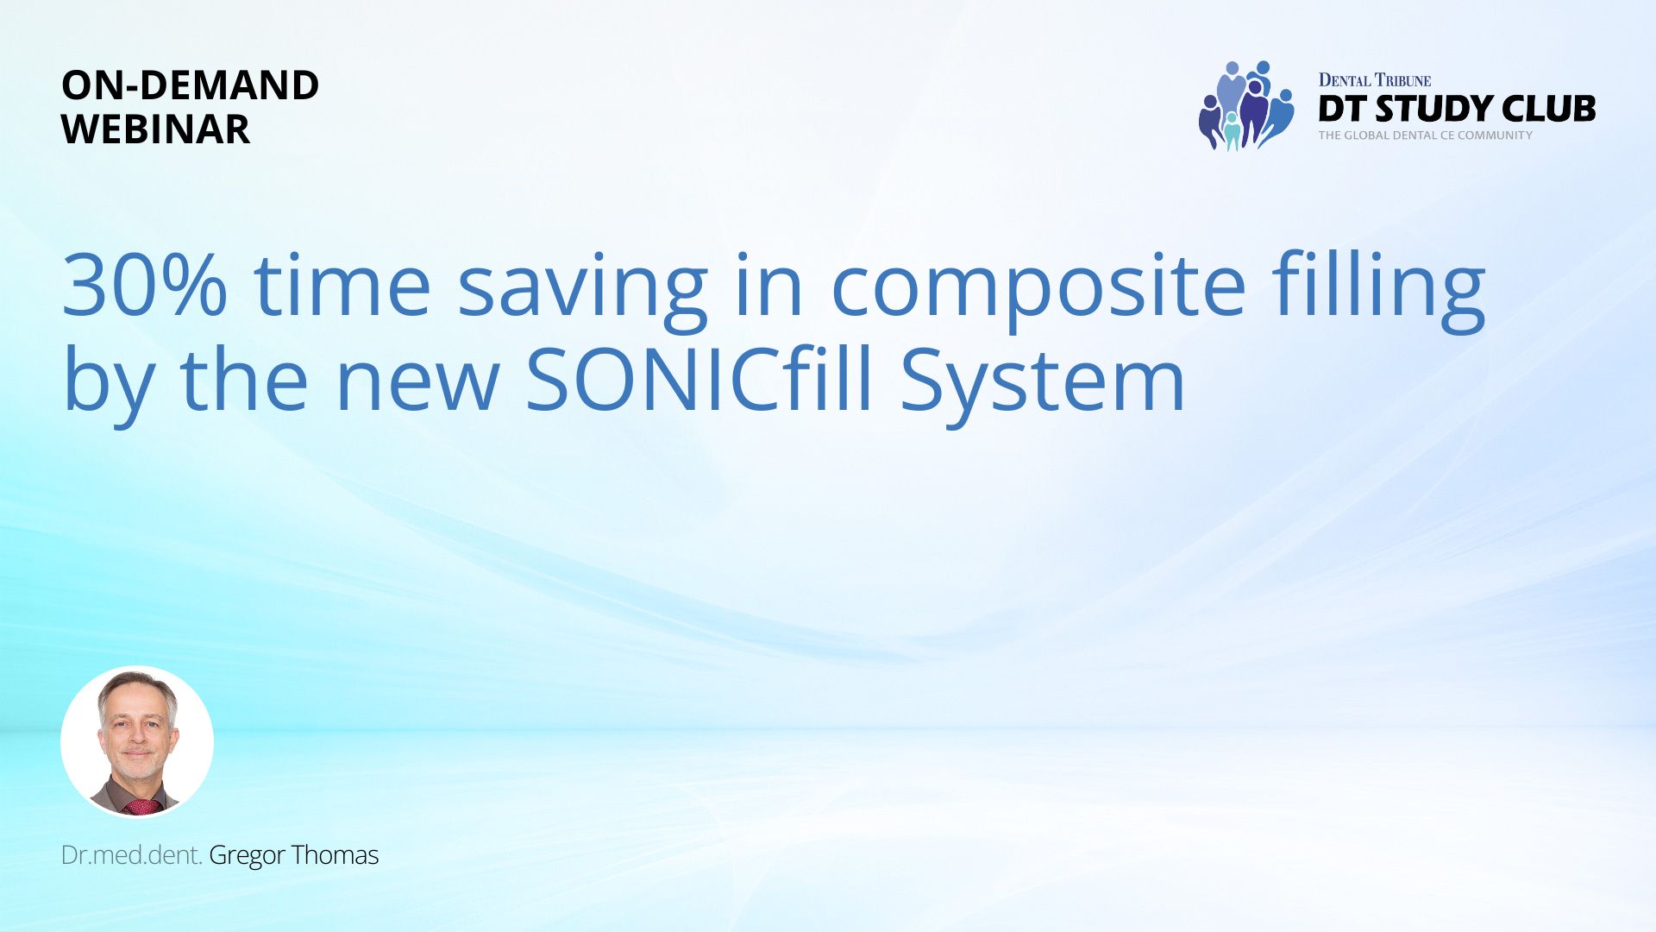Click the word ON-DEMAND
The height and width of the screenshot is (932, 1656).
point(191,85)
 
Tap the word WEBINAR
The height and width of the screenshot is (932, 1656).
point(156,129)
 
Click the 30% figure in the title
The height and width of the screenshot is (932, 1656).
point(145,284)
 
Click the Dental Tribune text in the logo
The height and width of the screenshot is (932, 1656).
point(1375,80)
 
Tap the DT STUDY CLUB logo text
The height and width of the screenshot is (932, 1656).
point(1457,109)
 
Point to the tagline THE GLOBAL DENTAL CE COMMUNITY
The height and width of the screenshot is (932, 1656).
point(1426,135)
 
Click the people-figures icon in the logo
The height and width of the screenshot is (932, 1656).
point(1245,105)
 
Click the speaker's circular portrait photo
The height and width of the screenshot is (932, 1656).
point(137,741)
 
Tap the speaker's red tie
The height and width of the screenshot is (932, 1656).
point(142,807)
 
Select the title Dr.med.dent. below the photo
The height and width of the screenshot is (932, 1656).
point(132,855)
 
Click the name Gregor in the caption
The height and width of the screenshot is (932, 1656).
point(247,856)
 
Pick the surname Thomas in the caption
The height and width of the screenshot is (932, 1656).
point(335,855)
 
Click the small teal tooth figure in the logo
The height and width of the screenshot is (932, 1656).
point(1232,130)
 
